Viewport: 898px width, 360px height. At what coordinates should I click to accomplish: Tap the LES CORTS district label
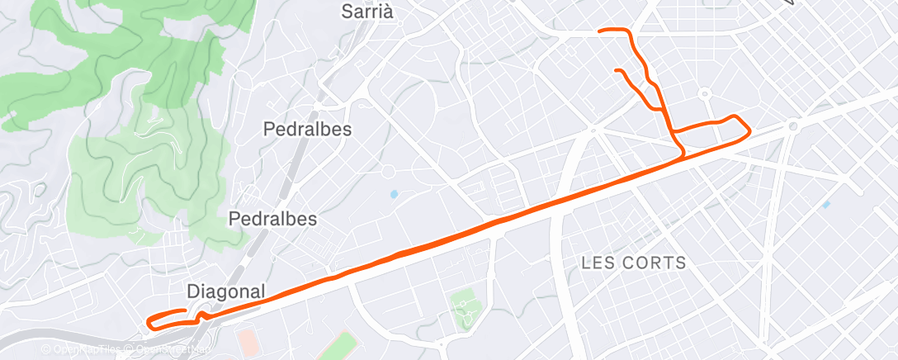pyautogui.click(x=634, y=263)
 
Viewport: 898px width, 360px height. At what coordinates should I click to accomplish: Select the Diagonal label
pyautogui.click(x=226, y=291)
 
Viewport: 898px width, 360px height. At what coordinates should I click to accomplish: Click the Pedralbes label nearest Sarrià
pyautogui.click(x=307, y=130)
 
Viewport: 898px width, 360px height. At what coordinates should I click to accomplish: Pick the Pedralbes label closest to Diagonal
pyautogui.click(x=272, y=219)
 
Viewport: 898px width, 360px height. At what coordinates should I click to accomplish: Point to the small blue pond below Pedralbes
pyautogui.click(x=394, y=195)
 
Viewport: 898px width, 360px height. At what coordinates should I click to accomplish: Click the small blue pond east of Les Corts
pyautogui.click(x=825, y=204)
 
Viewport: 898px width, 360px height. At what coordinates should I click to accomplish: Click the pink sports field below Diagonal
pyautogui.click(x=246, y=339)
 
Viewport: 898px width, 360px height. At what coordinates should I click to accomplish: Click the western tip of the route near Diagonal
pyautogui.click(x=148, y=322)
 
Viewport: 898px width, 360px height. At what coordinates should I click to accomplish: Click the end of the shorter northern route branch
pyautogui.click(x=617, y=71)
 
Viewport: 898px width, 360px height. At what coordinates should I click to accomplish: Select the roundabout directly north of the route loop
pyautogui.click(x=705, y=94)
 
